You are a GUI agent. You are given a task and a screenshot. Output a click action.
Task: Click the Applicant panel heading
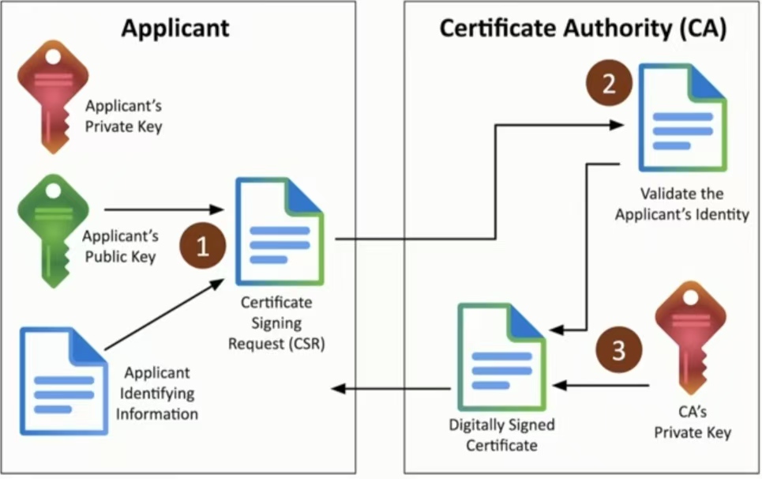(175, 28)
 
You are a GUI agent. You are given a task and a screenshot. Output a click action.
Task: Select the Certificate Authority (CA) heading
(584, 28)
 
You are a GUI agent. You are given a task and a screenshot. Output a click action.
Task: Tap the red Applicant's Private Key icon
(53, 96)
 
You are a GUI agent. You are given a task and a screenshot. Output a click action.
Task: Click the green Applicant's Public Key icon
(53, 231)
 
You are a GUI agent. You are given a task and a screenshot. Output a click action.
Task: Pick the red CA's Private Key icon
(690, 337)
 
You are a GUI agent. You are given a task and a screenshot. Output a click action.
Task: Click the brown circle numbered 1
(203, 246)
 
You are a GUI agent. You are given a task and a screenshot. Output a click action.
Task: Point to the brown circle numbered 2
(609, 83)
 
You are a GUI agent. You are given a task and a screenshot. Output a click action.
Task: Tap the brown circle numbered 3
(618, 349)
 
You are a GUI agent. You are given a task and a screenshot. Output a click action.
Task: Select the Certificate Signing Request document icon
(280, 232)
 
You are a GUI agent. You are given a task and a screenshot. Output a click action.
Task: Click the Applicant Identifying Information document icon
(64, 381)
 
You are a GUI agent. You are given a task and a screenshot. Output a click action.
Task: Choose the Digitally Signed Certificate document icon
(501, 357)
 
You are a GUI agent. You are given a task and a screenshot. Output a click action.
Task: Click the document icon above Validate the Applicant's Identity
(682, 118)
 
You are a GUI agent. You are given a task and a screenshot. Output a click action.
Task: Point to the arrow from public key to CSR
(163, 209)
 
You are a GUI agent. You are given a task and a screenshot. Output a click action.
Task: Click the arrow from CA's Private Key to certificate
(601, 386)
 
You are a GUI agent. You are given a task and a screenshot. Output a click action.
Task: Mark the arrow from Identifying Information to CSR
(164, 315)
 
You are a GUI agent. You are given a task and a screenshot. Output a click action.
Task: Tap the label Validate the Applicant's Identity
(681, 204)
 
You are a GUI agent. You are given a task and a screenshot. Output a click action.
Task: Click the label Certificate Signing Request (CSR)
(276, 323)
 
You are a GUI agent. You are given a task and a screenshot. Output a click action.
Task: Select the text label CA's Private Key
(693, 422)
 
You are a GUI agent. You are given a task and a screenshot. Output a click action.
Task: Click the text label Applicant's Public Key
(121, 246)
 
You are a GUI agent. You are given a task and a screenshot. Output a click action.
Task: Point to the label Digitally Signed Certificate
(501, 435)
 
